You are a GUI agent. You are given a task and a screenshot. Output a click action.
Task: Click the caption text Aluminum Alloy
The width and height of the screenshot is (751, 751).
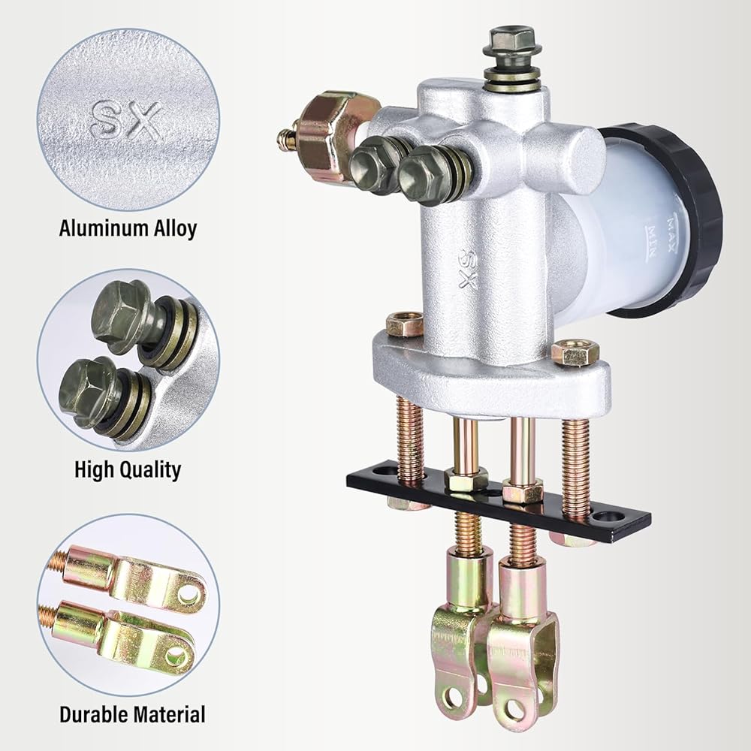(128, 228)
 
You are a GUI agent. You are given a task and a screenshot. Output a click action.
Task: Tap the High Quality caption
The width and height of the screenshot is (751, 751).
(128, 470)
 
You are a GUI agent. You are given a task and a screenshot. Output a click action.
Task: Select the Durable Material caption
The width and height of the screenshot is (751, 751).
(132, 714)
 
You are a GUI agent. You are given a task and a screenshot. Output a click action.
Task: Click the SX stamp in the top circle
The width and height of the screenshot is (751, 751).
(126, 119)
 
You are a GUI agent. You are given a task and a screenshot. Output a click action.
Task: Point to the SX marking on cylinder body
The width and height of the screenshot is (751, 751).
(467, 269)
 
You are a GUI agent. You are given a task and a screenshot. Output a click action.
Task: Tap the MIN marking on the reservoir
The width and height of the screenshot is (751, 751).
(653, 241)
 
